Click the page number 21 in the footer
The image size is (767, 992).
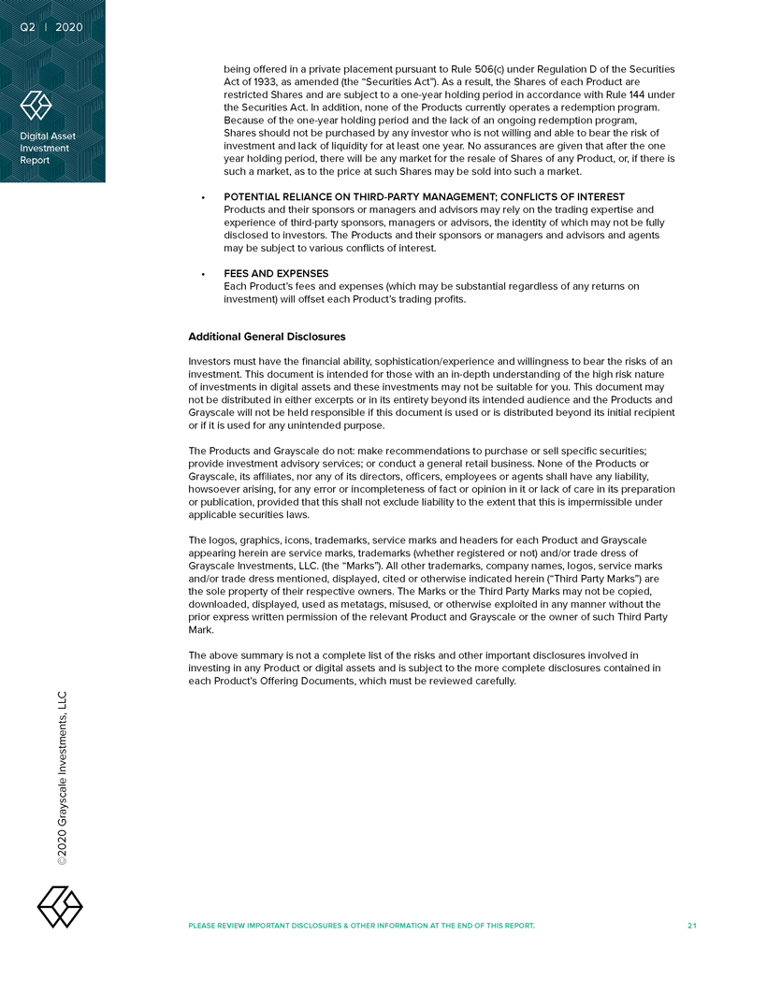(691, 926)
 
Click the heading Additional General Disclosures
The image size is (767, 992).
(267, 337)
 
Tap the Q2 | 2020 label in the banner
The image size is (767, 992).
(51, 27)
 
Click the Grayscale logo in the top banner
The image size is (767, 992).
(36, 106)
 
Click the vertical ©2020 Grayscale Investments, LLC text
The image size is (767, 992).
(62, 778)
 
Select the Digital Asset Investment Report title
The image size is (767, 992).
(49, 148)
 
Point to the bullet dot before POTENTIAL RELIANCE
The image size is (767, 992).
(203, 198)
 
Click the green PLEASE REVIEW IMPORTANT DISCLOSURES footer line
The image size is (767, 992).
(361, 926)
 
